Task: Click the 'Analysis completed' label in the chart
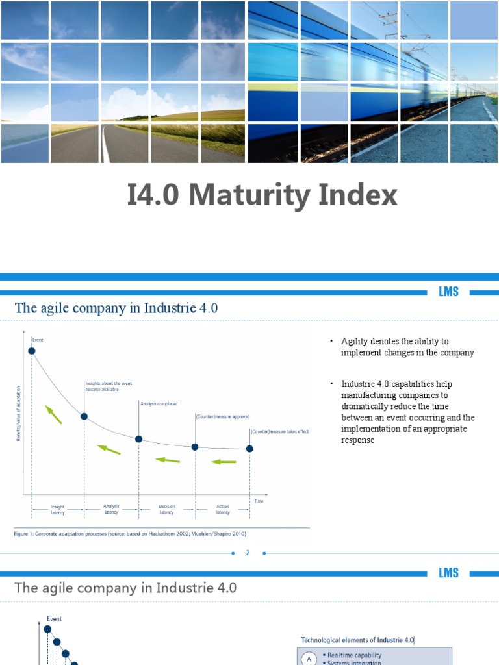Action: click(x=159, y=403)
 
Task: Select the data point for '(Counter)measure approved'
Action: click(x=194, y=447)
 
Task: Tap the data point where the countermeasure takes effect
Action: click(x=250, y=448)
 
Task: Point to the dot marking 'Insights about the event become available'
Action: click(x=84, y=416)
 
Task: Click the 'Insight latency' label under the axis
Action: click(x=58, y=509)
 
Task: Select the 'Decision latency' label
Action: click(x=166, y=509)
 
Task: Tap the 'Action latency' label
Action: click(x=223, y=509)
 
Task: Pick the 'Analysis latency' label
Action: click(x=111, y=508)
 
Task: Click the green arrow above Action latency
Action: click(x=224, y=462)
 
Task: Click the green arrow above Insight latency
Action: click(x=53, y=414)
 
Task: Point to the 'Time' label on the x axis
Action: click(x=259, y=501)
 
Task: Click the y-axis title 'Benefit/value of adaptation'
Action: click(x=18, y=413)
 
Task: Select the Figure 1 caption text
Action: click(x=130, y=534)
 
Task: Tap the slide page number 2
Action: click(x=248, y=553)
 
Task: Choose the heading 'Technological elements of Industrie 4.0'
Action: click(x=358, y=640)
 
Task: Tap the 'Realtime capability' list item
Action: click(x=354, y=655)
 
